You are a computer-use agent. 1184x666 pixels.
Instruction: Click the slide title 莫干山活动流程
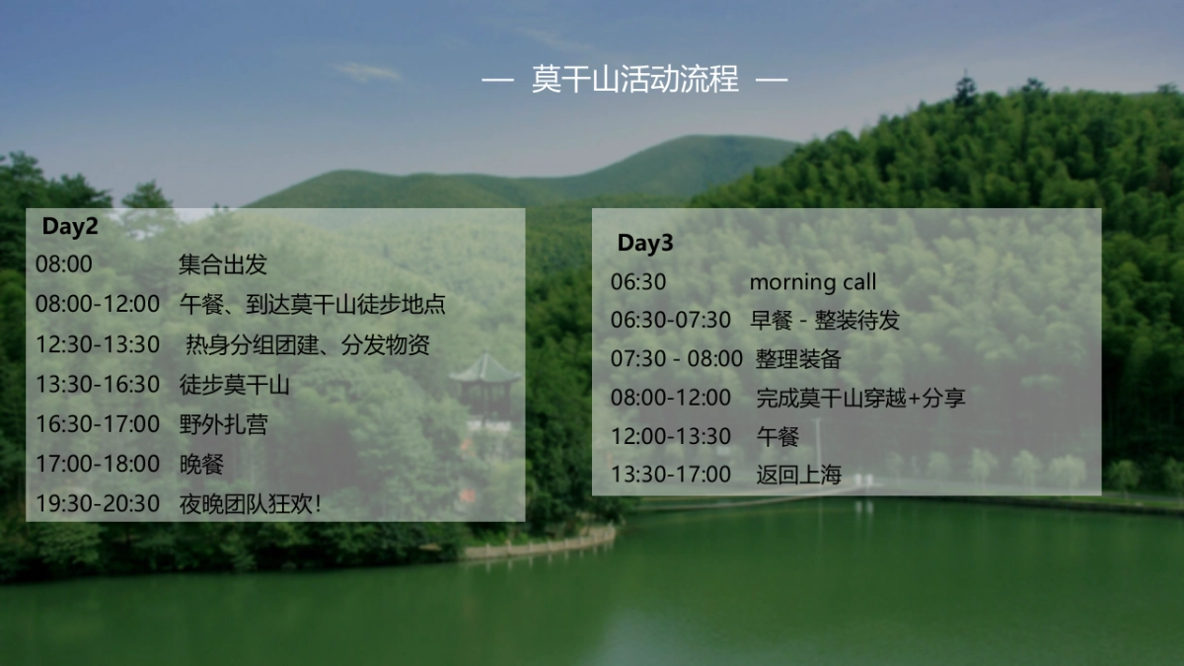point(634,79)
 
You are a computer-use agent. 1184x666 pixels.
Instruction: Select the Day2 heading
point(70,226)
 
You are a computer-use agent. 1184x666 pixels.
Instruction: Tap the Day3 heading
point(645,243)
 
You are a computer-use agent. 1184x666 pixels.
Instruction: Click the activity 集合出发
point(223,264)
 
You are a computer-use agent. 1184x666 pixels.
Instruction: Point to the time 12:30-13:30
point(98,344)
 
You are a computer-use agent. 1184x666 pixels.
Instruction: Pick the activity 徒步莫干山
point(235,384)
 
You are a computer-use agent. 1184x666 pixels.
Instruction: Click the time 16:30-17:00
point(98,424)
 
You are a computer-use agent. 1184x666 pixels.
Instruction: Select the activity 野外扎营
point(223,424)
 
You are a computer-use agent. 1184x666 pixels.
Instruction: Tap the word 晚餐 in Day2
point(201,464)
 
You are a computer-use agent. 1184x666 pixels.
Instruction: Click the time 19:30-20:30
point(98,503)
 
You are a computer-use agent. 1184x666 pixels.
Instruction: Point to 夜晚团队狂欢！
point(251,503)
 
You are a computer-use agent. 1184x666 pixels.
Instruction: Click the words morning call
point(812,282)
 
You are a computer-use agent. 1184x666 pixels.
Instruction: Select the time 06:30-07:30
point(670,321)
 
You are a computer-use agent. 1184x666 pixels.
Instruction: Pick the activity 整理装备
point(798,359)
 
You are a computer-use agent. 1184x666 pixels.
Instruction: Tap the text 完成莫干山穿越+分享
point(860,398)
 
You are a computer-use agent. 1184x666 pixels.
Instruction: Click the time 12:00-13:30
point(670,436)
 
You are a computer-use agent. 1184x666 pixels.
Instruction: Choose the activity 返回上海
point(798,475)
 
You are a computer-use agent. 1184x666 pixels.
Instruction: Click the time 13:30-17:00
point(670,475)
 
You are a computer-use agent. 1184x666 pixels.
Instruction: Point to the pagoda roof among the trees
point(484,370)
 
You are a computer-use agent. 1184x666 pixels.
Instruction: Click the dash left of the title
point(497,79)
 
